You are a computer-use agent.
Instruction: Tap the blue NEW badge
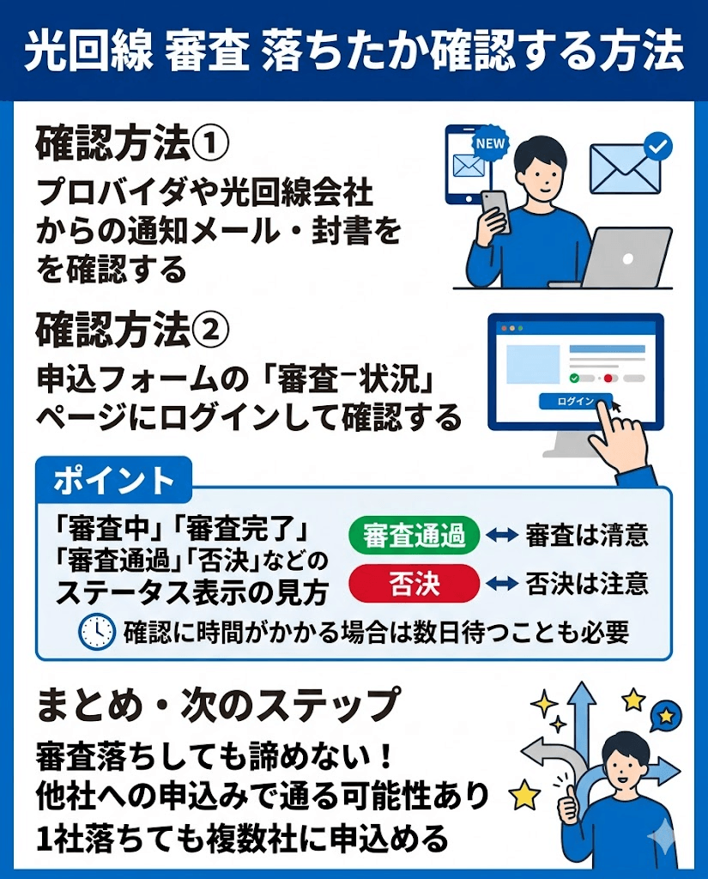(490, 142)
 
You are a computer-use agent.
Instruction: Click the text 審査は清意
(586, 536)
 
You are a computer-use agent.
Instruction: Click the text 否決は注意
(586, 585)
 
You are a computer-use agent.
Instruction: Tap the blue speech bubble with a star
(666, 714)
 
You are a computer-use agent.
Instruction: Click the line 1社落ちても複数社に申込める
(242, 835)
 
